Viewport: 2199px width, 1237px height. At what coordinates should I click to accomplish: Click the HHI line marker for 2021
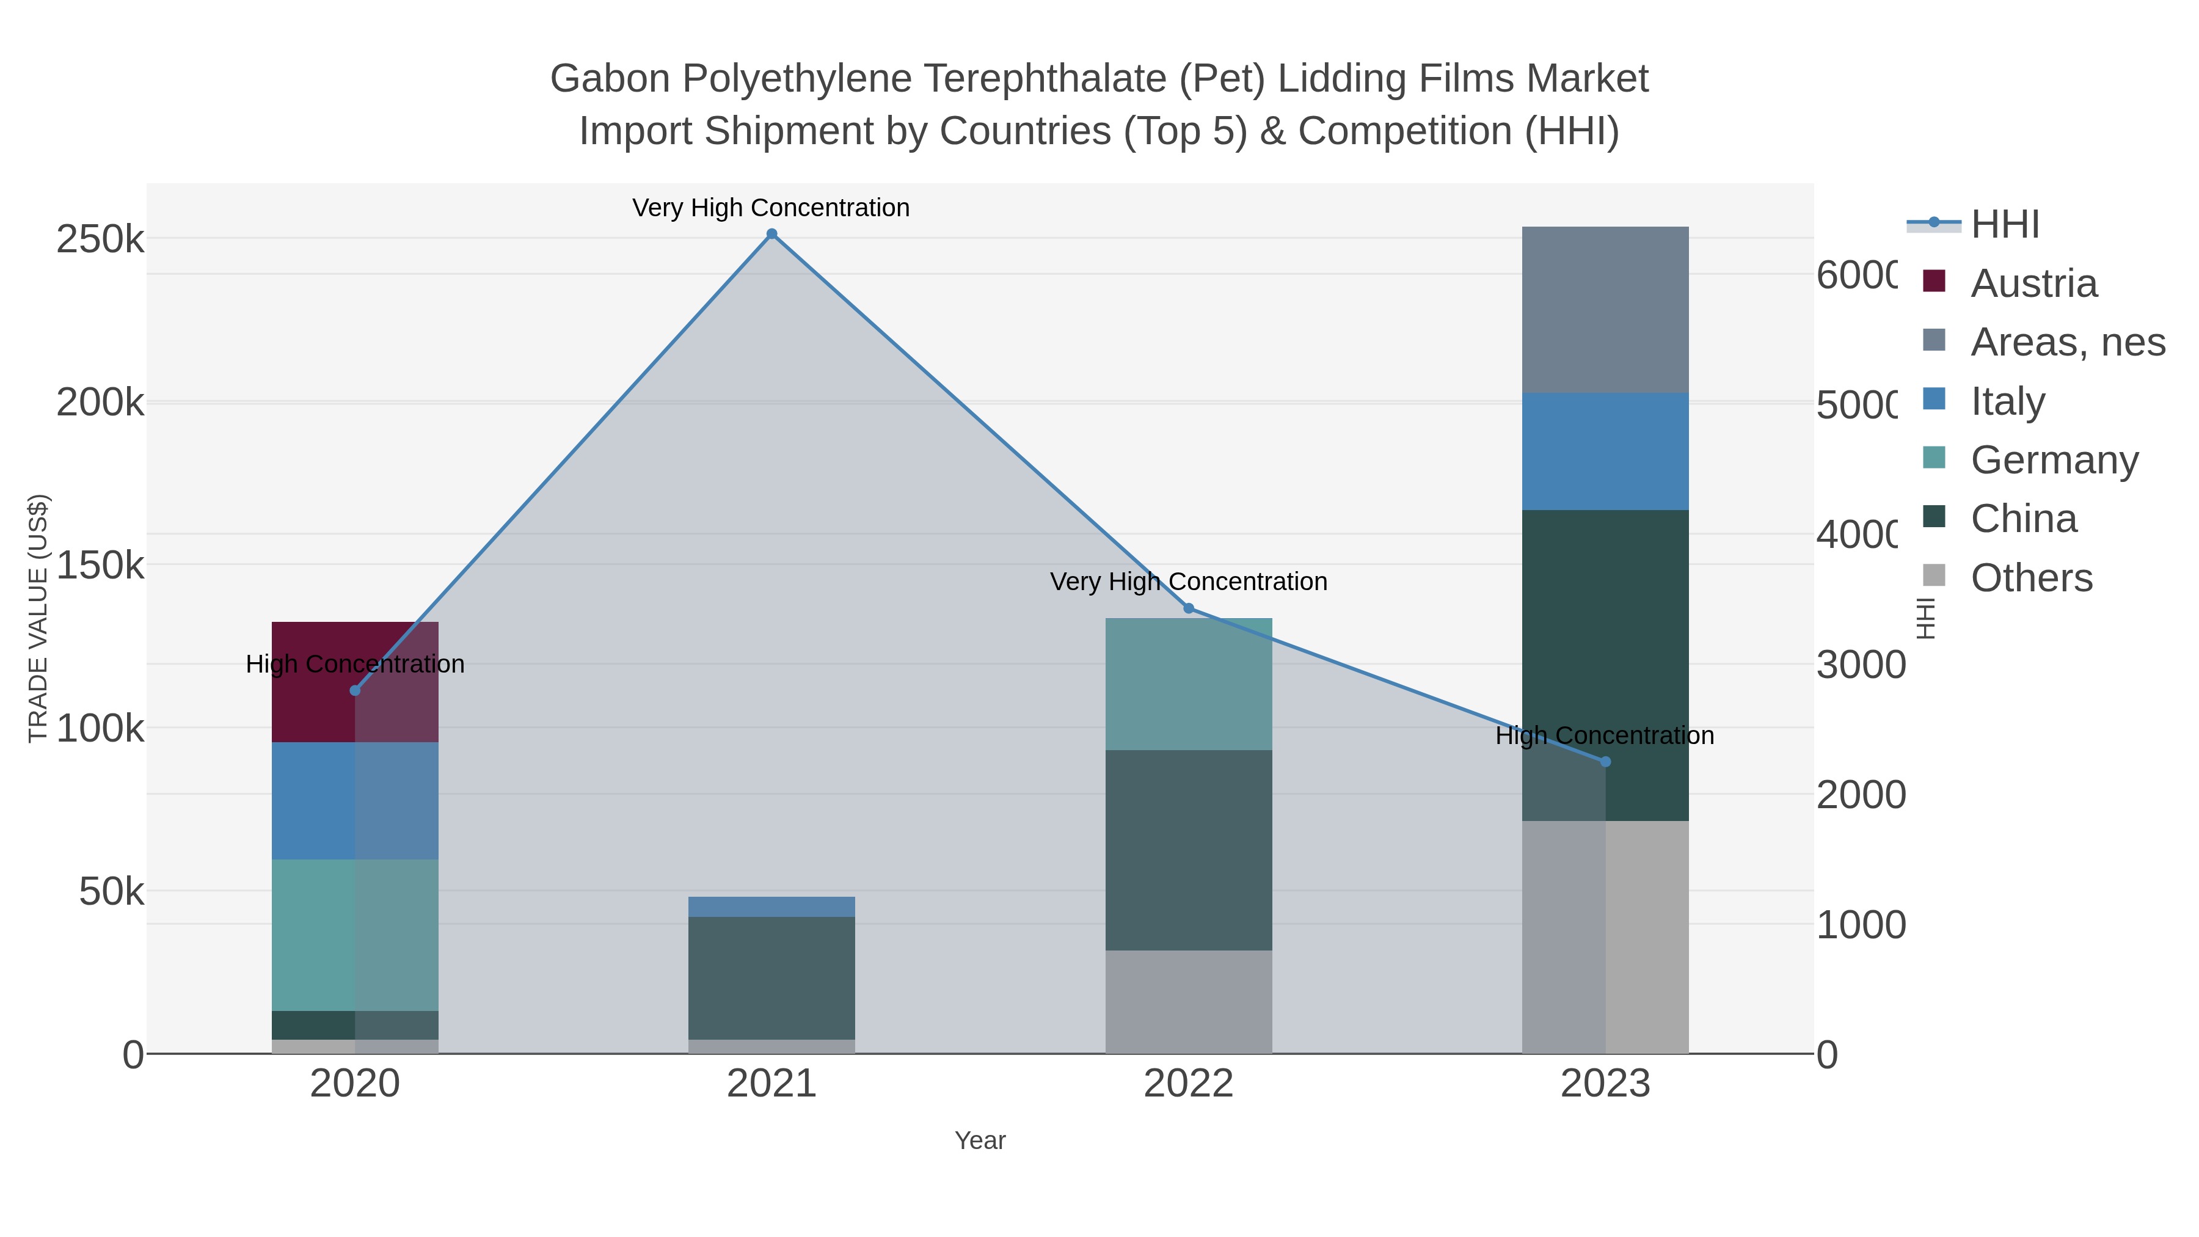[771, 234]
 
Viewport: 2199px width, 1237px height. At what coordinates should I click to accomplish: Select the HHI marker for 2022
[1188, 608]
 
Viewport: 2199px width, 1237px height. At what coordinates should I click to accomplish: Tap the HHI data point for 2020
[355, 691]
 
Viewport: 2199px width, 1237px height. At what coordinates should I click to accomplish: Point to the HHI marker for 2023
[1605, 762]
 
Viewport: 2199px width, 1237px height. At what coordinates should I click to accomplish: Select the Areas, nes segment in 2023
[1605, 310]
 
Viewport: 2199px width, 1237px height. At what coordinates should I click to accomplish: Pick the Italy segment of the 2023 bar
[1605, 451]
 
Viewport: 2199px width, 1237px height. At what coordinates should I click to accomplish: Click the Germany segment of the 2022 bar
[1188, 684]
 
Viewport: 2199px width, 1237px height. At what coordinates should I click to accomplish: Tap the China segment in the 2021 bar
[771, 977]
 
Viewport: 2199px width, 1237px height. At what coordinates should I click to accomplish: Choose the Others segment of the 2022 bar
[1188, 1001]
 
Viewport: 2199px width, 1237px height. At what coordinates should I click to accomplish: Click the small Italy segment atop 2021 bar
[771, 907]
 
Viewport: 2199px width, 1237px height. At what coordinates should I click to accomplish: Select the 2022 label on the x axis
[1188, 1084]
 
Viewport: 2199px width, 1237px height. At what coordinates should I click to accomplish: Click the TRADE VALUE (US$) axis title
[38, 618]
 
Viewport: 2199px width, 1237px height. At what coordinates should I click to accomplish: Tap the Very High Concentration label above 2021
[771, 208]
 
